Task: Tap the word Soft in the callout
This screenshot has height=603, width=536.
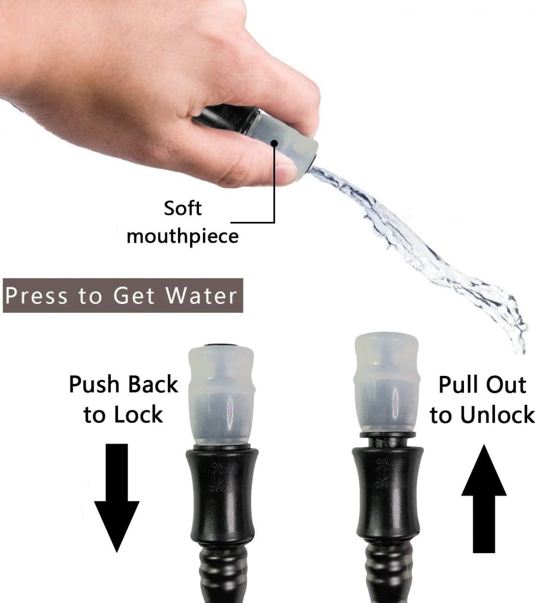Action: pos(182,209)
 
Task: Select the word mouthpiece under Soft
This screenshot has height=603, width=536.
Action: pos(182,236)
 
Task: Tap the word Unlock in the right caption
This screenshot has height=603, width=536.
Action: pos(500,414)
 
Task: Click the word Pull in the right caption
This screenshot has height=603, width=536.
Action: pos(459,385)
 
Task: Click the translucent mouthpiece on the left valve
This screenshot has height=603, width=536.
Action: pos(220,392)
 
